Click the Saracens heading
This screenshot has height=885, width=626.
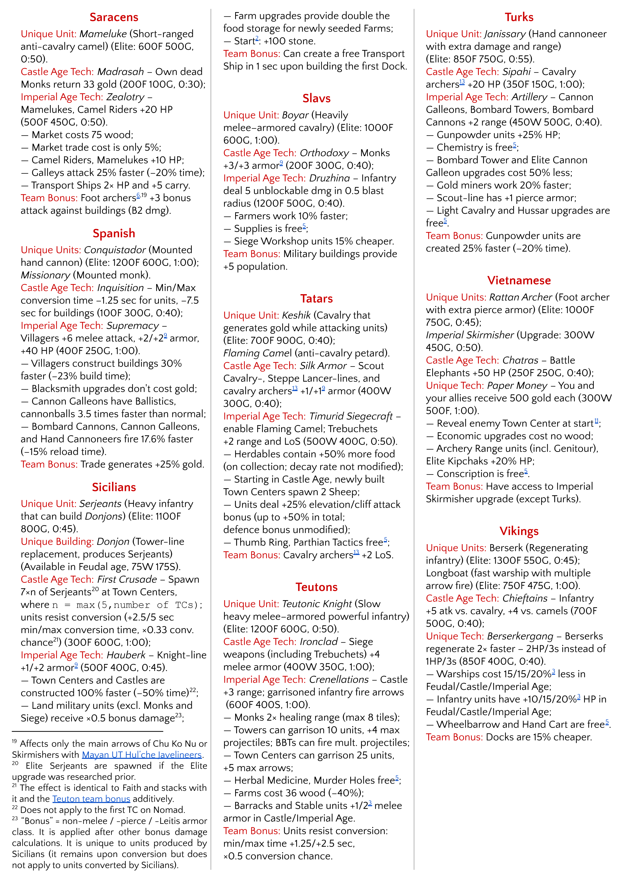(114, 17)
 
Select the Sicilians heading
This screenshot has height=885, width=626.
(114, 487)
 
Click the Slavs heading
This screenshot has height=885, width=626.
(316, 98)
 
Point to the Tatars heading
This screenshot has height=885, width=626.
(316, 299)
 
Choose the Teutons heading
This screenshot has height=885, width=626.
(316, 587)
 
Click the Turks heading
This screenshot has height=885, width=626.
(519, 17)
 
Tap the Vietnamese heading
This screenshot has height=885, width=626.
(519, 281)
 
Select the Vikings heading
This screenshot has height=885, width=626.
(519, 531)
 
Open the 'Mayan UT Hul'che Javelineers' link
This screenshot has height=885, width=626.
(142, 755)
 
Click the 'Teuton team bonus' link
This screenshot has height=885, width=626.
(91, 799)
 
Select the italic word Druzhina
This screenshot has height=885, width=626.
(330, 178)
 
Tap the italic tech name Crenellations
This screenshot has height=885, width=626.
(339, 680)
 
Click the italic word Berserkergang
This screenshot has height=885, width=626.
(520, 636)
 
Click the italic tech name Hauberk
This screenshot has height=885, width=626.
(126, 655)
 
